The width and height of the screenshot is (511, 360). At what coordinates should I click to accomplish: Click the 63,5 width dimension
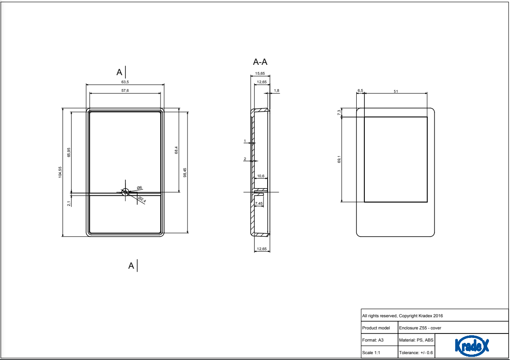pyautogui.click(x=125, y=82)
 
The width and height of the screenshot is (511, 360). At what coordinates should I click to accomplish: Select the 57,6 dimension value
pyautogui.click(x=125, y=90)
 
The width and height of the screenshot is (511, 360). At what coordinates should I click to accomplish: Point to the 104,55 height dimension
pyautogui.click(x=60, y=172)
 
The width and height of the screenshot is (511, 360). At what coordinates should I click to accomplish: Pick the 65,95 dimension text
pyautogui.click(x=69, y=152)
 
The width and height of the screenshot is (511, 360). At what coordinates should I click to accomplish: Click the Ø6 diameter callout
pyautogui.click(x=139, y=187)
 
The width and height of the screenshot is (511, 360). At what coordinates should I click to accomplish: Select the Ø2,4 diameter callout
pyautogui.click(x=141, y=199)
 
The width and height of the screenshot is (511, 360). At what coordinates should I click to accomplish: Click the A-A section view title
pyautogui.click(x=263, y=62)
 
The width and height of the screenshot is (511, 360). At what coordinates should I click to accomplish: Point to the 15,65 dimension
pyautogui.click(x=260, y=73)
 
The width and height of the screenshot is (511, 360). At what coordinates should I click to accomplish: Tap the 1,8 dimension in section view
pyautogui.click(x=277, y=90)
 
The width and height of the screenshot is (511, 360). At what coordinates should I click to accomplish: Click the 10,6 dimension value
pyautogui.click(x=261, y=176)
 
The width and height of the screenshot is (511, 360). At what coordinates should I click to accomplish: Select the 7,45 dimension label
pyautogui.click(x=259, y=204)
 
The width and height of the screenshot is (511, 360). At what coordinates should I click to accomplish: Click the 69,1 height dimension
pyautogui.click(x=339, y=159)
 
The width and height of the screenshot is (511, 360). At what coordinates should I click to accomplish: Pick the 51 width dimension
pyautogui.click(x=396, y=91)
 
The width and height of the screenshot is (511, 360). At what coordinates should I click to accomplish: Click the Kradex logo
pyautogui.click(x=472, y=346)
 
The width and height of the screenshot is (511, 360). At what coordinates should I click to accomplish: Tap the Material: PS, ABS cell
pyautogui.click(x=416, y=340)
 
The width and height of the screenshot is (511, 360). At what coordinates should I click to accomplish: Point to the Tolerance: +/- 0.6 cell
pyautogui.click(x=416, y=353)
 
